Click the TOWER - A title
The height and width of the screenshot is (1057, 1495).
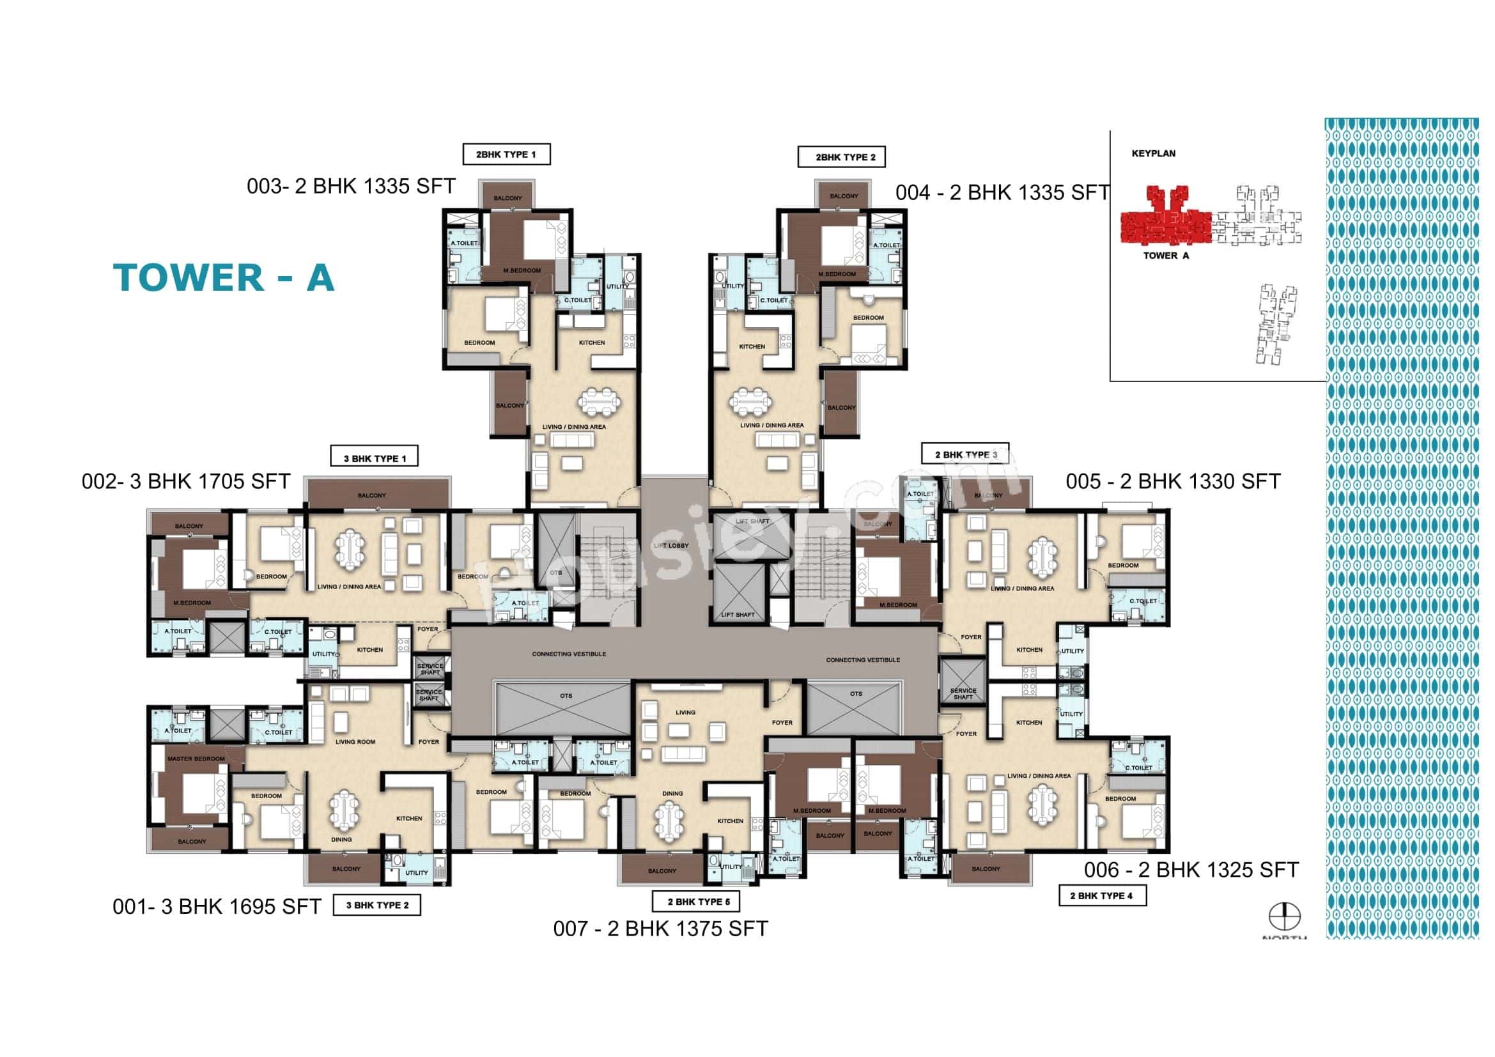223,278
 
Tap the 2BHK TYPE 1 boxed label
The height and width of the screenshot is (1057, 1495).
506,154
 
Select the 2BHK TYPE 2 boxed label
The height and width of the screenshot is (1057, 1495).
841,157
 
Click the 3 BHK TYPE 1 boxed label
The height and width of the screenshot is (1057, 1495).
375,458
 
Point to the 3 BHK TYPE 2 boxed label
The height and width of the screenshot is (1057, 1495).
377,905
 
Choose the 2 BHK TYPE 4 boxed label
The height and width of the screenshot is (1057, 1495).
1102,895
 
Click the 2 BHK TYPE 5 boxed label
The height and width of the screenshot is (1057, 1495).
695,902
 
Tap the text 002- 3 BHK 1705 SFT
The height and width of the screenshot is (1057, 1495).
185,482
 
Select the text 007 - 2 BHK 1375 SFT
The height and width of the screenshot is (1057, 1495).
660,929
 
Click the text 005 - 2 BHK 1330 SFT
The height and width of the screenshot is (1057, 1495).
1173,482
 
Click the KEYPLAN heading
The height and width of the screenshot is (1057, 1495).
1153,153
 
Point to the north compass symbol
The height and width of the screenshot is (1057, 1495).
1284,916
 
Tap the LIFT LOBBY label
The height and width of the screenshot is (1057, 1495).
671,545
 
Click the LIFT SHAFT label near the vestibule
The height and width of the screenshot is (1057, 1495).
738,614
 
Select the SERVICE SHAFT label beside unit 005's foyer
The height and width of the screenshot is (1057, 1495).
963,694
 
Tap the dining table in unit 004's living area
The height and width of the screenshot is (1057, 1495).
750,401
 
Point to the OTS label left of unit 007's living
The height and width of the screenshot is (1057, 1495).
566,696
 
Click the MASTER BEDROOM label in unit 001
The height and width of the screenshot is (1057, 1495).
196,759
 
